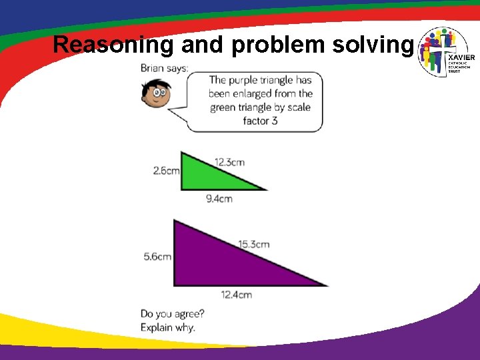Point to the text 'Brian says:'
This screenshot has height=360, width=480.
[x=164, y=67]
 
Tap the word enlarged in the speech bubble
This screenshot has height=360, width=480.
[x=249, y=93]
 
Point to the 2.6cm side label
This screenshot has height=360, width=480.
[x=166, y=170]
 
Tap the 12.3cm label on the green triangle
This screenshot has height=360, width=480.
[x=229, y=161]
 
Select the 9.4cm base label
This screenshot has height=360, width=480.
[x=219, y=198]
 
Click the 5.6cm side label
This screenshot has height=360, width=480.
[x=157, y=256]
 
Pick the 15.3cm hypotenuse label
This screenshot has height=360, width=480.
[x=254, y=244]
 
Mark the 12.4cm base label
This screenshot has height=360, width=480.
[x=237, y=294]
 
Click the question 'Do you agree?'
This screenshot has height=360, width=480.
[x=173, y=313]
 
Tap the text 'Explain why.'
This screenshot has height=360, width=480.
[x=168, y=327]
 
